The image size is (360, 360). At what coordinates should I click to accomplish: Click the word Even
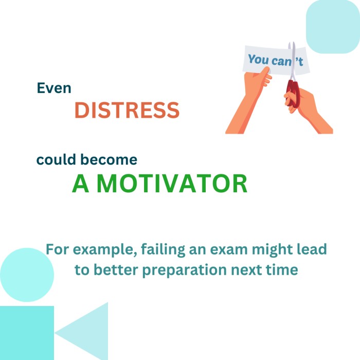54,88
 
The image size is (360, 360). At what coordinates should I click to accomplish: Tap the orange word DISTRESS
127,110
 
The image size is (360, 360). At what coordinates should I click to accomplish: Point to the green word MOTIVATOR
172,184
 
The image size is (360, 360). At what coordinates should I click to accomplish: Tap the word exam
229,249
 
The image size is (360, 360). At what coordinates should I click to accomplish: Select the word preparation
185,270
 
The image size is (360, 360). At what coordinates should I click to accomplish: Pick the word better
116,270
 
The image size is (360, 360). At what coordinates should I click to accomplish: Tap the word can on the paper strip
281,61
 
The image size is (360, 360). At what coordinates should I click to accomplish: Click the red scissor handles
293,93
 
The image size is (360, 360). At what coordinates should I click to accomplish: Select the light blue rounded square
333,27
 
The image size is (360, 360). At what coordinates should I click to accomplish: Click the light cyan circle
27,275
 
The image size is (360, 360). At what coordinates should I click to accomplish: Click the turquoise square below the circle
27,333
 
